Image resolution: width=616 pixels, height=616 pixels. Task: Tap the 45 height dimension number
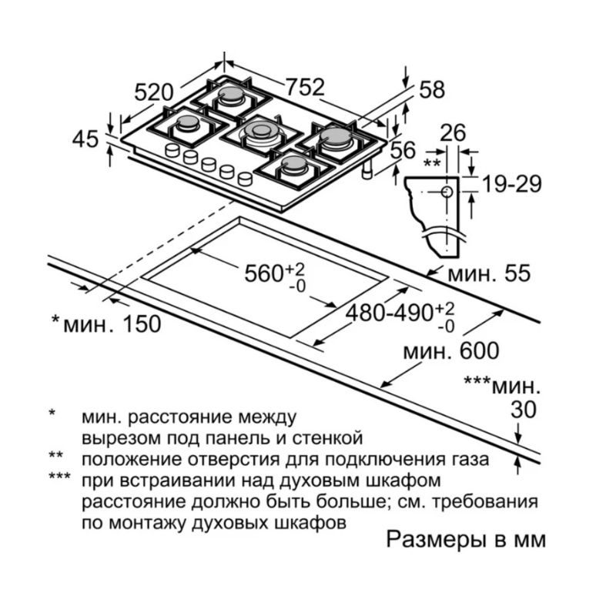(x=85, y=139)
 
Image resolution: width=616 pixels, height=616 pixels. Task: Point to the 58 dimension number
(x=432, y=90)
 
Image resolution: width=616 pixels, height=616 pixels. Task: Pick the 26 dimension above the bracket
(x=453, y=133)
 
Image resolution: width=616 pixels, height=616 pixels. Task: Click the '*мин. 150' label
(x=106, y=323)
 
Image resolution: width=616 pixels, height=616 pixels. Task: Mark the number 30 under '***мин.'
(x=523, y=410)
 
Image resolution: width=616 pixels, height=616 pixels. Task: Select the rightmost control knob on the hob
(x=245, y=179)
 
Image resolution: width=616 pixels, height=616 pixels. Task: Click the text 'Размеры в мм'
(x=465, y=538)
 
